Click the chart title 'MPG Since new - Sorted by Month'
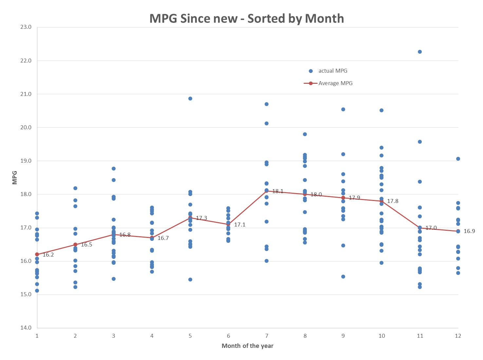click(x=247, y=18)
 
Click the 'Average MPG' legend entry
click(x=328, y=83)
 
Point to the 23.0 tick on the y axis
click(x=26, y=27)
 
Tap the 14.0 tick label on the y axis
click(x=26, y=328)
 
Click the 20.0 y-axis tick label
click(x=26, y=127)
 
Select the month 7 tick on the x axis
click(x=267, y=336)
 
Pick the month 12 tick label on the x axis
click(x=458, y=336)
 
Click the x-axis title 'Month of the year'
click(x=247, y=346)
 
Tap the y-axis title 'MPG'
click(x=14, y=177)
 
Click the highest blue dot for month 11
click(x=419, y=52)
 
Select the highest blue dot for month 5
click(x=190, y=99)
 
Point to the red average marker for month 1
click(x=37, y=254)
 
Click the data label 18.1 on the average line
click(x=278, y=191)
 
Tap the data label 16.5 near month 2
click(x=86, y=244)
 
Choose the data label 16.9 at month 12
click(x=469, y=231)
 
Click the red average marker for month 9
click(x=343, y=198)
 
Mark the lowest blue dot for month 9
click(x=343, y=277)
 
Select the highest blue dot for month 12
click(x=458, y=159)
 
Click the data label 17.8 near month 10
click(x=393, y=201)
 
